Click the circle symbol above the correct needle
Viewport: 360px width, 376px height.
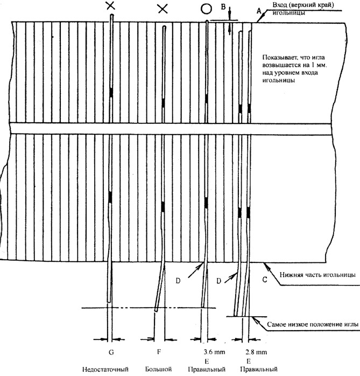[206, 9]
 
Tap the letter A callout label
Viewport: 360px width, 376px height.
[259, 11]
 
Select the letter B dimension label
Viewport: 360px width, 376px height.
[223, 7]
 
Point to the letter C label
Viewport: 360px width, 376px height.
[265, 280]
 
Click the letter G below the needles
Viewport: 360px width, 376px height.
[111, 352]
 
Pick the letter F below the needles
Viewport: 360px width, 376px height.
[159, 352]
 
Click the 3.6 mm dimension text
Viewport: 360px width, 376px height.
[214, 352]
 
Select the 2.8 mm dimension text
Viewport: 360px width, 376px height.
[256, 352]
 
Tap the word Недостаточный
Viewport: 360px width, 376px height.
[105, 370]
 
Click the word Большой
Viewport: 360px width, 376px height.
[158, 369]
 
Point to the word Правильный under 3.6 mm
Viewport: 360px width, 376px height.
[207, 370]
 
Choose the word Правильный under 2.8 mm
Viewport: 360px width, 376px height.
[259, 370]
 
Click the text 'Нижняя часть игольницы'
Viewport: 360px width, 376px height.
[317, 275]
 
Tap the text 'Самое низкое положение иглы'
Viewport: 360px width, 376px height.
[313, 324]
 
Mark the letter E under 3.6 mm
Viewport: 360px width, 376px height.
[207, 361]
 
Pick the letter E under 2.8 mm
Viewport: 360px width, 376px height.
[249, 361]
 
